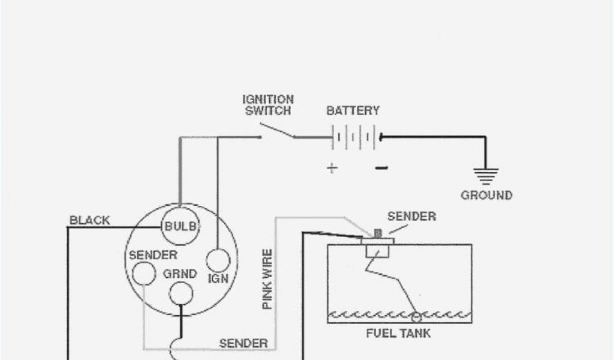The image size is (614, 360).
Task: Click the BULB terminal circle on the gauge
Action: click(x=181, y=226)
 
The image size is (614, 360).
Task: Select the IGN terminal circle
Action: click(x=218, y=261)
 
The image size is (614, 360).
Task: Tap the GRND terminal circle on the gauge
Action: click(x=180, y=293)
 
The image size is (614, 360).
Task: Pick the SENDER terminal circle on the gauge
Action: click(x=143, y=274)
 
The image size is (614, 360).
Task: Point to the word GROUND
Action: click(x=486, y=195)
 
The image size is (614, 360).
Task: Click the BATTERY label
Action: click(x=353, y=111)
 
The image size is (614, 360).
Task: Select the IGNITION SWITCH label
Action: click(x=268, y=105)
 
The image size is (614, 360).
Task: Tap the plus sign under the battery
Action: click(x=332, y=168)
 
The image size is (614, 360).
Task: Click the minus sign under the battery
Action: click(x=381, y=168)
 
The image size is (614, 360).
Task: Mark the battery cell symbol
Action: click(x=354, y=137)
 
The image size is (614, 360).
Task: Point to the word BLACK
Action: click(x=90, y=220)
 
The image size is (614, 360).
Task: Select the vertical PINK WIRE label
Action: click(x=267, y=279)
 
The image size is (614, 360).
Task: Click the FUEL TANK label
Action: click(x=398, y=333)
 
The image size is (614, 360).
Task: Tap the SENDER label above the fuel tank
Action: click(x=411, y=216)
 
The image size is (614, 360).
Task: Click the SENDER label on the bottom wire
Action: click(x=243, y=343)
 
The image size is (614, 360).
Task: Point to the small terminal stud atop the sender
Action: click(x=377, y=232)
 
